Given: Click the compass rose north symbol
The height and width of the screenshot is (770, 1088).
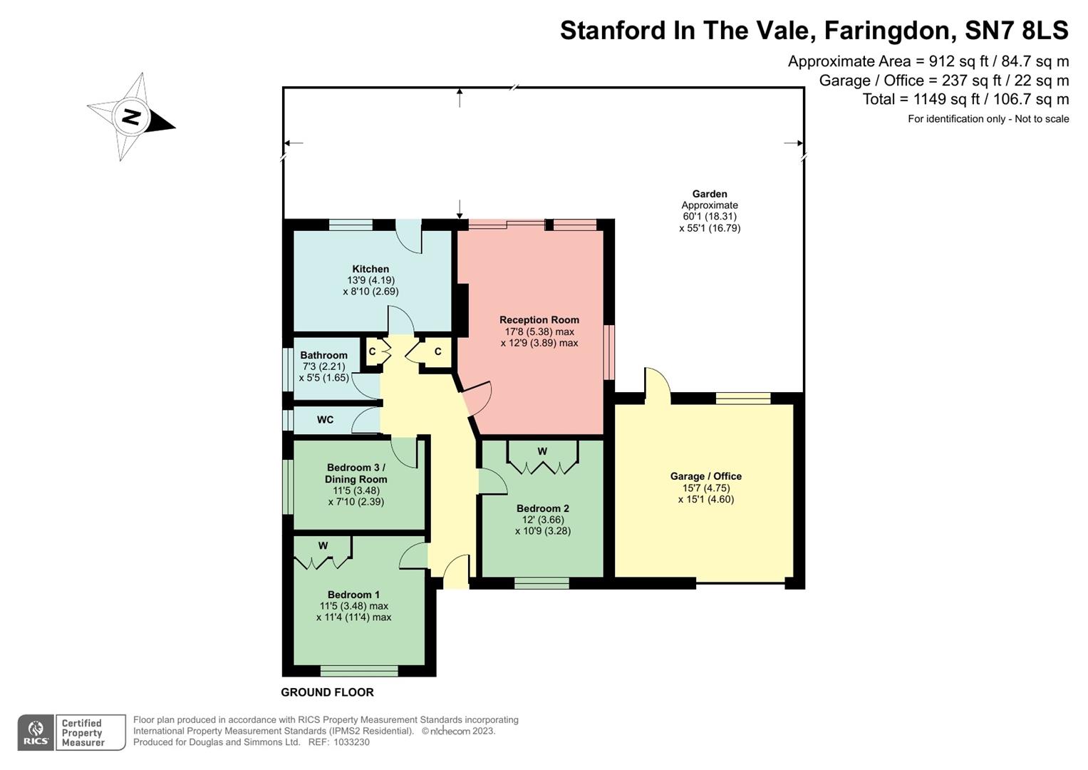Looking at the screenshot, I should pos(131,117).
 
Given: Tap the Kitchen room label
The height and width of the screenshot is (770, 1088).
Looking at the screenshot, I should pos(371,269).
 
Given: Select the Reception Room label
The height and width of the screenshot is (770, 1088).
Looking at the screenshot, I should pos(539,320).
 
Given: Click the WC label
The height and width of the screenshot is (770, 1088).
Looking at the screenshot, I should pos(325,420).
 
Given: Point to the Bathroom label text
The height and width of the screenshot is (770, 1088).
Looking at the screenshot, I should pos(323,355).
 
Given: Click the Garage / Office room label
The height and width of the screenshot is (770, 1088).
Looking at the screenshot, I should pos(705,476).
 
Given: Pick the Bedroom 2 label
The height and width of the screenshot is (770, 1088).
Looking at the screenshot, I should pos(542,508).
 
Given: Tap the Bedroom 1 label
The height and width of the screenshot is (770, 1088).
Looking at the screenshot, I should pos(353,595).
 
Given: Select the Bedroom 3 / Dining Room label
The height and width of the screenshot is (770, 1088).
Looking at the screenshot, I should pos(356,473).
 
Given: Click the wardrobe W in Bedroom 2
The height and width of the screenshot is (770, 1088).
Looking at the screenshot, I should pos(542,451).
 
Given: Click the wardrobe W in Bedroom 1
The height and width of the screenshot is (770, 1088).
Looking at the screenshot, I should pos(323,546).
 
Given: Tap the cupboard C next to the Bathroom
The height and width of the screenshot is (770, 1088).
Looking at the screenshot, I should pos(372,351).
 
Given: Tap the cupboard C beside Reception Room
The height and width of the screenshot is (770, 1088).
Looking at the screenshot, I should pos(437,351).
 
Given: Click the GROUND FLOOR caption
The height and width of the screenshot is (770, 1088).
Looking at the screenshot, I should pos(327,692).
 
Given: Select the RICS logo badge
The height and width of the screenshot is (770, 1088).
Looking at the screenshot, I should pos(36,733).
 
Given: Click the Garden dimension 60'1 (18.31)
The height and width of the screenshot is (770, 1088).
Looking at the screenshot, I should pos(710,217).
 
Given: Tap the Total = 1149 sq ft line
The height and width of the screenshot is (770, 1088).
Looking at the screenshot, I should pos(965,99).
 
